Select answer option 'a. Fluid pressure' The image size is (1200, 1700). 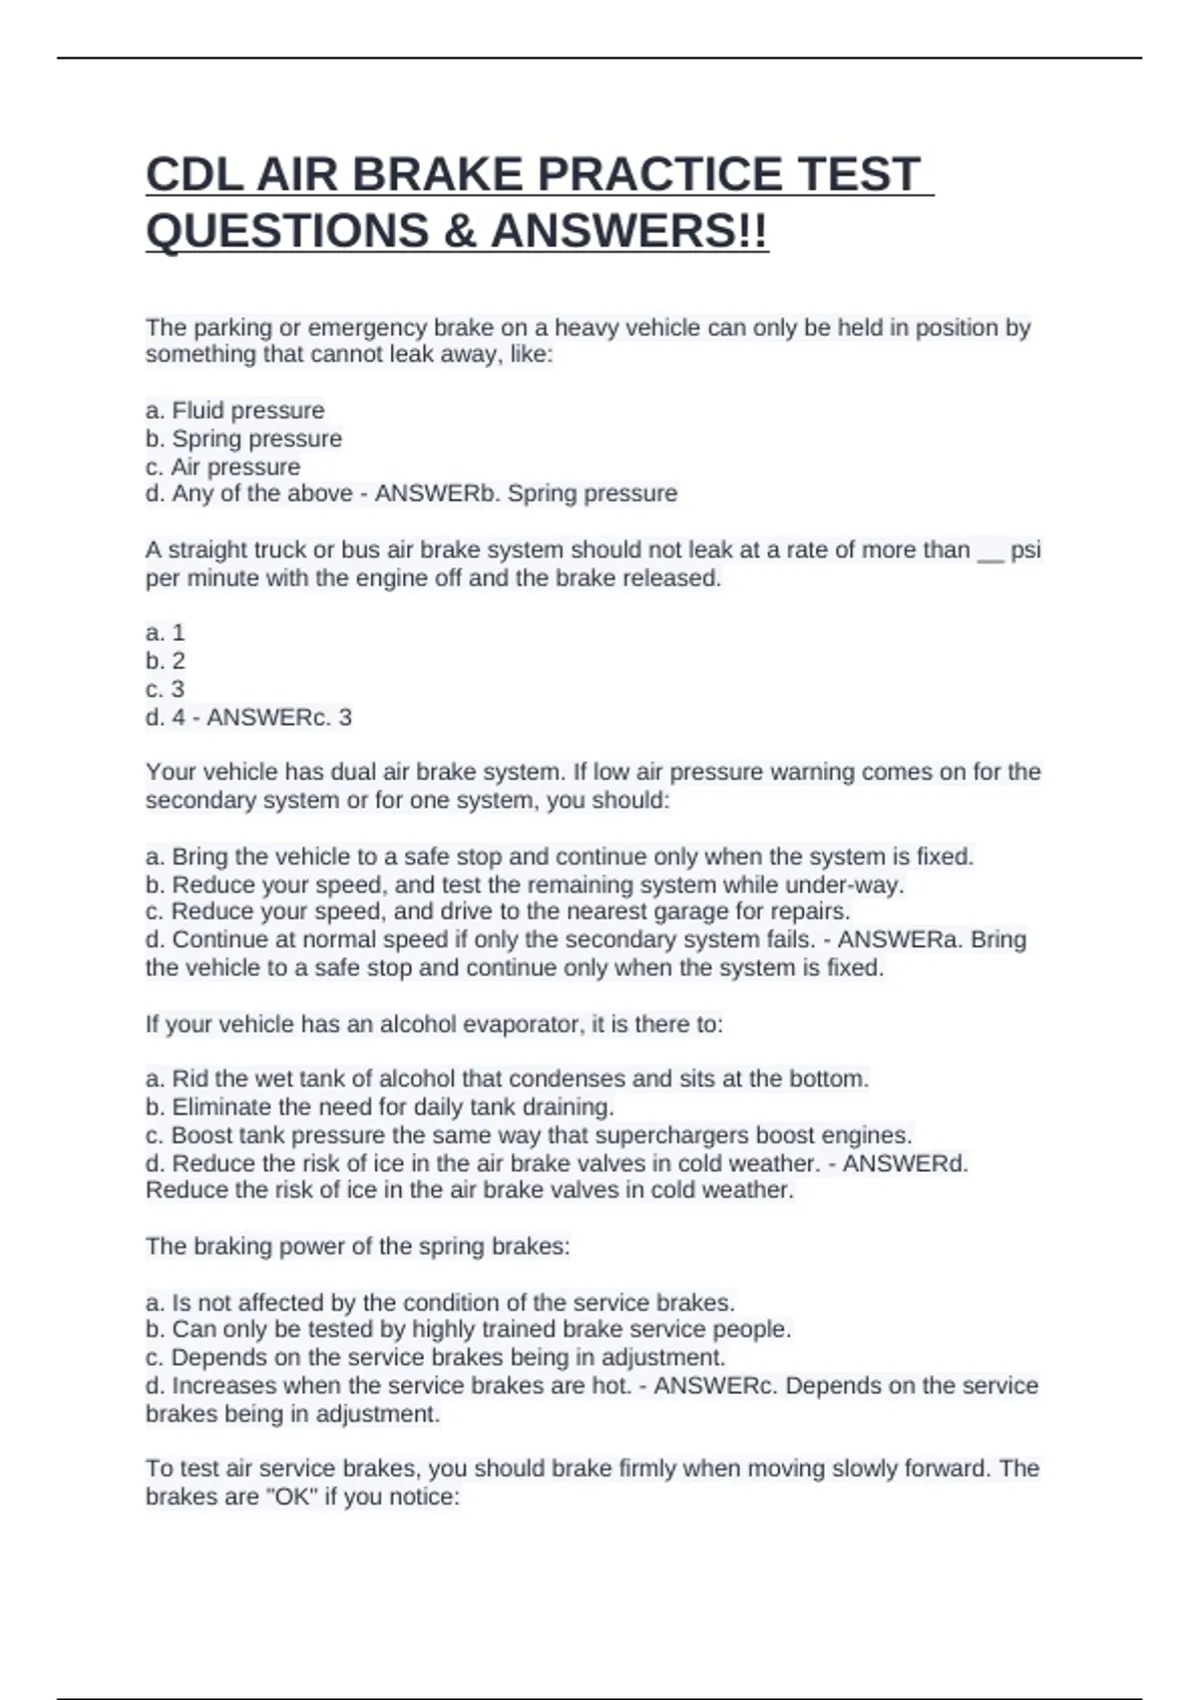click(235, 411)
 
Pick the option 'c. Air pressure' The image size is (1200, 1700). click(223, 467)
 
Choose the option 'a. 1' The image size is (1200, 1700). click(165, 633)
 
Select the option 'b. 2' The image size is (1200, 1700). click(165, 661)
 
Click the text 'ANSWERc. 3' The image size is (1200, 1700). click(279, 718)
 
